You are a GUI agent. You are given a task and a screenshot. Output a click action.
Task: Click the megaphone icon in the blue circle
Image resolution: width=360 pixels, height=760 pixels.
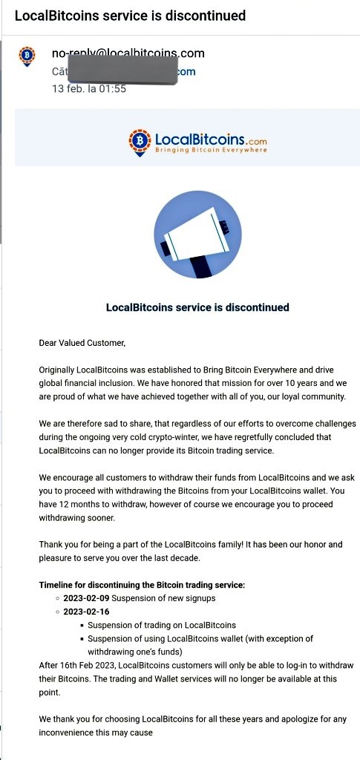point(197,235)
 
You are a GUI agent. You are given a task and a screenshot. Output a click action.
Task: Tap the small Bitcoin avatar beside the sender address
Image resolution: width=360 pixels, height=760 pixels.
point(27,56)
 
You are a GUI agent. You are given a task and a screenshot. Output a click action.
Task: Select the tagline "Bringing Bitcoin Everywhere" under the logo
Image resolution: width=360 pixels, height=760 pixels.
point(210,150)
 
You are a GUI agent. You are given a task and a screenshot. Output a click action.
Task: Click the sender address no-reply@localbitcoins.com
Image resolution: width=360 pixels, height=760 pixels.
point(128,53)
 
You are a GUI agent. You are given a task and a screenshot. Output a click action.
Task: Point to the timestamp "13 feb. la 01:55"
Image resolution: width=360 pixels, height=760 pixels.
point(88,88)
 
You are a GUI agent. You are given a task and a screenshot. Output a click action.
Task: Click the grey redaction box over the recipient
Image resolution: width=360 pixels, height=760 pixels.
point(123,71)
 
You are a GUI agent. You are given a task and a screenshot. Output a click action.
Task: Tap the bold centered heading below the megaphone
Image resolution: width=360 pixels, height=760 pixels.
point(197,307)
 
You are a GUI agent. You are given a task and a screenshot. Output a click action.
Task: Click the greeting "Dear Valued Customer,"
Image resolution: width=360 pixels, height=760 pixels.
point(82,343)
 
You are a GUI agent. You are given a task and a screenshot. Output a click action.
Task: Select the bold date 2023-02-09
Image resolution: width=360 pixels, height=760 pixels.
point(86,598)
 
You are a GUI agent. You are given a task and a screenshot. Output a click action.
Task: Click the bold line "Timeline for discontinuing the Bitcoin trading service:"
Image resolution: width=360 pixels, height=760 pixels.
point(142,585)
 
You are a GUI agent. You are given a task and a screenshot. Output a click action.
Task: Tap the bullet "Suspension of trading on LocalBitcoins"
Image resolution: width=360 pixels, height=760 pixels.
point(162,625)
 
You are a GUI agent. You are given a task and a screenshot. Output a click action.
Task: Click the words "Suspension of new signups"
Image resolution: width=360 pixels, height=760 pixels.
point(163,598)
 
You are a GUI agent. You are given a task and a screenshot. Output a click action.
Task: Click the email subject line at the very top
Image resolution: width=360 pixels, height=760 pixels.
point(130,16)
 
